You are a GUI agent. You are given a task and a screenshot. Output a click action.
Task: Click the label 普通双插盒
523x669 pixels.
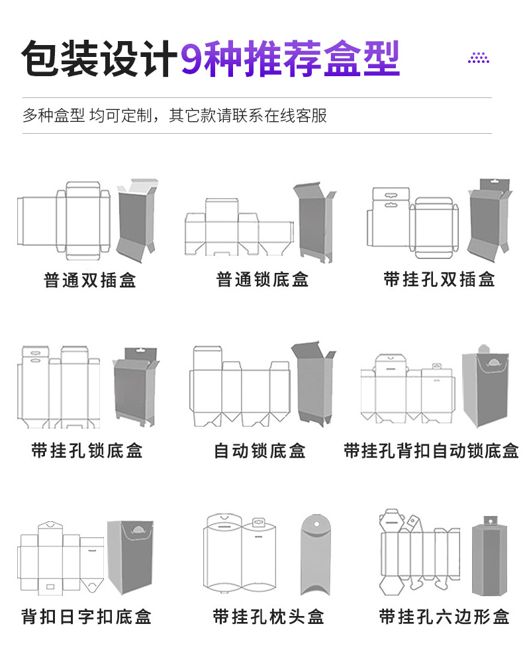tap(90, 280)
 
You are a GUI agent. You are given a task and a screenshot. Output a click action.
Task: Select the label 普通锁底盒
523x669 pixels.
tap(263, 280)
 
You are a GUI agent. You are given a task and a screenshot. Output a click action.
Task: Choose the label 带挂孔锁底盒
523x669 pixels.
tap(87, 452)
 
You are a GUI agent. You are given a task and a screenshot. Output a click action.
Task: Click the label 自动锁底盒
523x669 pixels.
tap(260, 452)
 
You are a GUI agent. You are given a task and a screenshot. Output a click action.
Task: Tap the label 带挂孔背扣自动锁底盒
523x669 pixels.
tap(432, 452)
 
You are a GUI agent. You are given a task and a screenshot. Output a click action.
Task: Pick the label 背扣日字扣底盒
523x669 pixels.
tap(87, 617)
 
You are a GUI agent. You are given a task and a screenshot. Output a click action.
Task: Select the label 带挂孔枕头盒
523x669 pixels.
tap(268, 617)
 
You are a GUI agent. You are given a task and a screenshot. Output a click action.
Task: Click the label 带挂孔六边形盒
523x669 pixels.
tap(444, 617)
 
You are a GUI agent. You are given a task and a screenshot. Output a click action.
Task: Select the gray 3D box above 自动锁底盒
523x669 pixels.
tap(314, 384)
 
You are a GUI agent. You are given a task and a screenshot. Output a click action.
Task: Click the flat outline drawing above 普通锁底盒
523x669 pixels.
tap(238, 229)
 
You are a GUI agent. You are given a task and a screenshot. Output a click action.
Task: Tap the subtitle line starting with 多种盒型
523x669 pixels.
tap(175, 116)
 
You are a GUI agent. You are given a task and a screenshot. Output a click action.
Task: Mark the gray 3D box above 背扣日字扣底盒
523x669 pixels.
tap(130, 556)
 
